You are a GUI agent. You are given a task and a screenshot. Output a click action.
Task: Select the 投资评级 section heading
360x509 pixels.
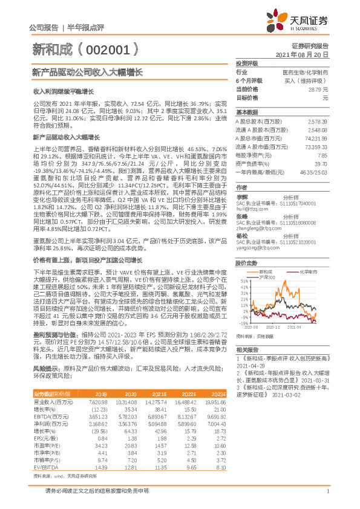click(x=247, y=63)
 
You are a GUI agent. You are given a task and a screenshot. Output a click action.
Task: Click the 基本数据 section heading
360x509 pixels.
click(x=247, y=112)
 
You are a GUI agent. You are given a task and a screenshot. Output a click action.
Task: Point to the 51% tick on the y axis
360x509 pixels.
click(x=243, y=281)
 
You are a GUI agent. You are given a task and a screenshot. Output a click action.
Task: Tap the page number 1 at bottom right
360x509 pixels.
click(x=327, y=498)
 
